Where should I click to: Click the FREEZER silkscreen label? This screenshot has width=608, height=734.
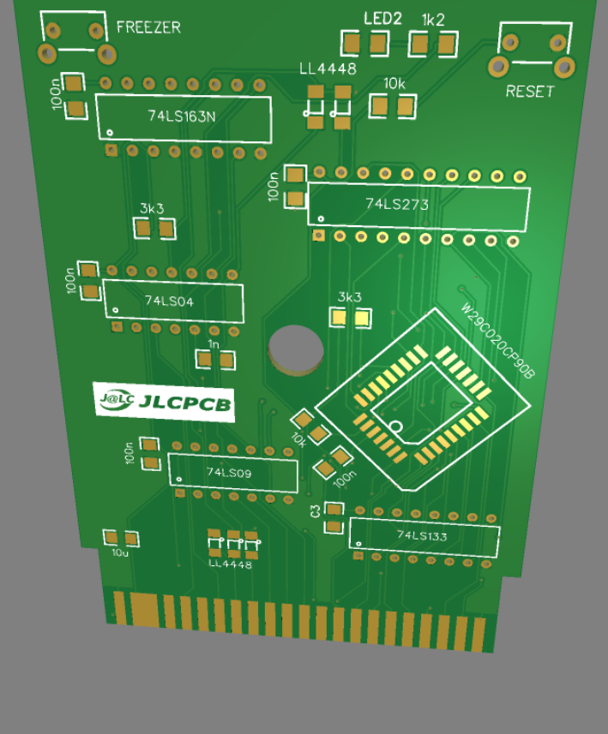pyautogui.click(x=148, y=27)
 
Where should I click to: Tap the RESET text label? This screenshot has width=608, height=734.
pyautogui.click(x=529, y=92)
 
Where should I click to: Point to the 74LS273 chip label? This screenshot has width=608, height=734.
pyautogui.click(x=396, y=205)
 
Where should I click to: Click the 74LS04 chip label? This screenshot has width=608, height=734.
pyautogui.click(x=169, y=301)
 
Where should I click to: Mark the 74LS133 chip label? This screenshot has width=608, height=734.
pyautogui.click(x=423, y=535)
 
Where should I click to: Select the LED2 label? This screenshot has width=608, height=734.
pyautogui.click(x=382, y=19)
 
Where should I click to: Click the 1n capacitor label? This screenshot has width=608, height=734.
pyautogui.click(x=214, y=343)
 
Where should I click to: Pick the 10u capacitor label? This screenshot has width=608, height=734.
pyautogui.click(x=120, y=552)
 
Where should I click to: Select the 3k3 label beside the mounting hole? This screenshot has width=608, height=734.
pyautogui.click(x=349, y=297)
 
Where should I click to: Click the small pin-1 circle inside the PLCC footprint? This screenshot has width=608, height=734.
pyautogui.click(x=396, y=426)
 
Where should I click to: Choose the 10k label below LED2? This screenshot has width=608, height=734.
pyautogui.click(x=394, y=84)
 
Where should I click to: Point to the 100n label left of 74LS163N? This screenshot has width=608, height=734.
pyautogui.click(x=57, y=96)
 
